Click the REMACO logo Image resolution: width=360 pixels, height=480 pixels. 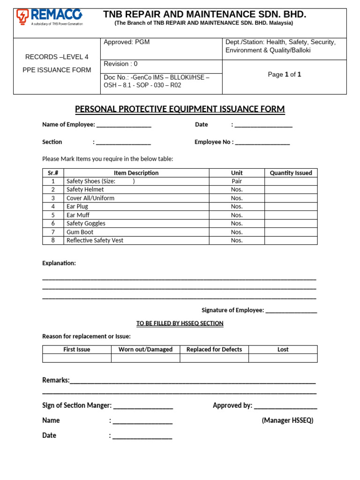[49, 17]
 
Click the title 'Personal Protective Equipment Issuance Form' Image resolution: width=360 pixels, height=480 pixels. [180, 109]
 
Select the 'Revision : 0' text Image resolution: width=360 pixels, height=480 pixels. [120, 64]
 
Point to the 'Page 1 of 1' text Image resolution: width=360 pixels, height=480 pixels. [284, 75]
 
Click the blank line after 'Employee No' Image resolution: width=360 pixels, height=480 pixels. [262, 142]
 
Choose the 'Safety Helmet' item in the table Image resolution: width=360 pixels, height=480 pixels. [85, 189]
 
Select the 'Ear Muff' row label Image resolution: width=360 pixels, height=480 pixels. [78, 215]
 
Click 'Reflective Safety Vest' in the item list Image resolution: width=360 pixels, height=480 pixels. [95, 240]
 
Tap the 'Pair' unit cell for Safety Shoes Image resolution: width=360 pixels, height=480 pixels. [237, 181]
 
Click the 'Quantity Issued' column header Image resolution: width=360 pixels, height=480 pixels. [291, 173]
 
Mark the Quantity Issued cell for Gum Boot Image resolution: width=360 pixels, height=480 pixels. [291, 232]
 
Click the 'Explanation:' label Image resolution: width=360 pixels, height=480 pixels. [59, 263]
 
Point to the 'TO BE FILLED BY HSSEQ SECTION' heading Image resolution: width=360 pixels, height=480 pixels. [180, 323]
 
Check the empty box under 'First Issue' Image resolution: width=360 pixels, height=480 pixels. [77, 358]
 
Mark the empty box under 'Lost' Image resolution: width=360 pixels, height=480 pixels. [283, 358]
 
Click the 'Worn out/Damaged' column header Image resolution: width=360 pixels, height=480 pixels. [145, 350]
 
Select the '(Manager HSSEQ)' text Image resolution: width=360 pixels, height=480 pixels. [287, 420]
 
